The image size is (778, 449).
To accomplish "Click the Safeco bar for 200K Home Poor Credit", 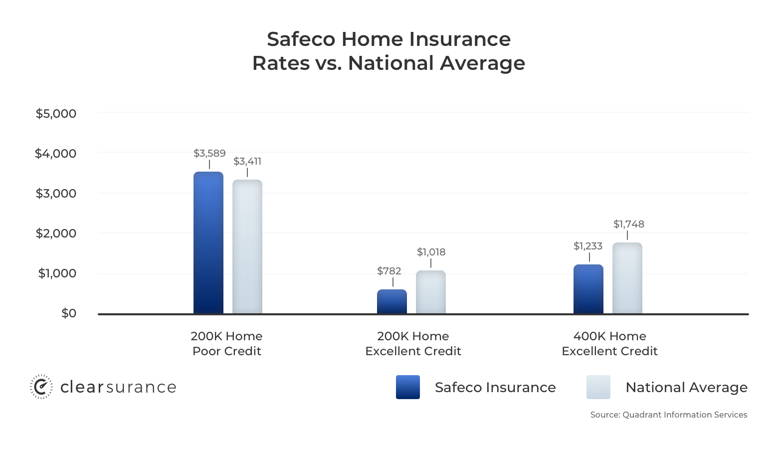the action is pos(208,242).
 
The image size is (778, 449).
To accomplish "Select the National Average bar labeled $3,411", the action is pos(247,247).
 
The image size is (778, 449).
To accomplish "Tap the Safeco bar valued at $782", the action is pos(392,302).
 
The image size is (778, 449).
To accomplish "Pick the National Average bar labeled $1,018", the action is pos(431,292).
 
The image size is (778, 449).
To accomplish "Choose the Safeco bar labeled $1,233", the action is pos(588,289).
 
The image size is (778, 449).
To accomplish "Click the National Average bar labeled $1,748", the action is pos(627,278).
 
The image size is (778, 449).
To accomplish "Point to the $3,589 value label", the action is pos(209,153).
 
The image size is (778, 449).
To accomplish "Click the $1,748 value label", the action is pos(629,224).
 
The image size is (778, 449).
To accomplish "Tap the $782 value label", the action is pos(389,271).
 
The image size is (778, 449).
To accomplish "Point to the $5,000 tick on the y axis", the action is pos(56,114).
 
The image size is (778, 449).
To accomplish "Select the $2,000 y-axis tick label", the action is pos(56,233).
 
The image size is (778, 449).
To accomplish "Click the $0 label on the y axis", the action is pos(69,313).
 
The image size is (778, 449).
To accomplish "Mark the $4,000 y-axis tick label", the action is pos(55,153).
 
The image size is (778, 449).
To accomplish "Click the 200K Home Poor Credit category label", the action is pos(226,344).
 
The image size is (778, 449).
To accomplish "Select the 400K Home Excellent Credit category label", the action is pos(609,344).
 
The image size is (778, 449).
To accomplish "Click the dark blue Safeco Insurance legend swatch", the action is pos(408,387).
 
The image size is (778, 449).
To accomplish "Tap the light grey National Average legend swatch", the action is pos(598,387).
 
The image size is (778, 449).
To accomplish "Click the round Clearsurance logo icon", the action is pos(41,387).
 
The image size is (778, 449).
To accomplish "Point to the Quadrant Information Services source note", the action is pos(669,415).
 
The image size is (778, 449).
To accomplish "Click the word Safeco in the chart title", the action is pos(301,39).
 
